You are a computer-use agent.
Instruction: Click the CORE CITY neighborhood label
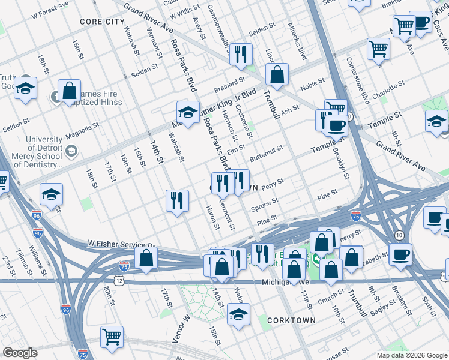103,21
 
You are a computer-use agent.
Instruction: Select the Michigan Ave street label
285,282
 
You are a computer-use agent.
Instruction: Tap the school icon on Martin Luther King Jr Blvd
188,112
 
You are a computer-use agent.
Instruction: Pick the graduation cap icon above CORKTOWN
238,314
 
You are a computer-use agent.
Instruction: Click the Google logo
20,353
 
